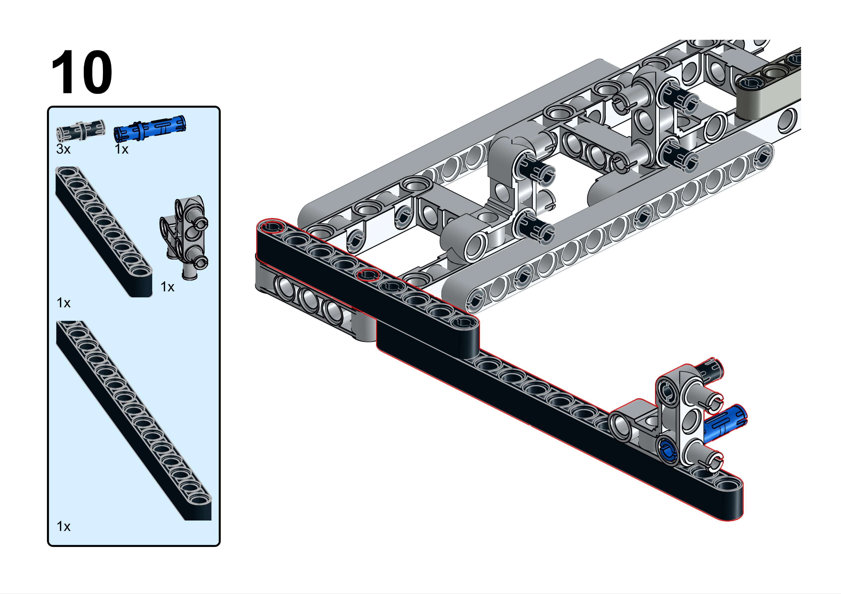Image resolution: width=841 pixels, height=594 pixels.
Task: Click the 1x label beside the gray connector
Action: pos(167,287)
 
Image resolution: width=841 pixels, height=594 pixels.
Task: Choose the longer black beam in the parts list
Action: pos(134,420)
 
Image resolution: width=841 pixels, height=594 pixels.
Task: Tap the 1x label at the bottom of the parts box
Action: pos(63,526)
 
